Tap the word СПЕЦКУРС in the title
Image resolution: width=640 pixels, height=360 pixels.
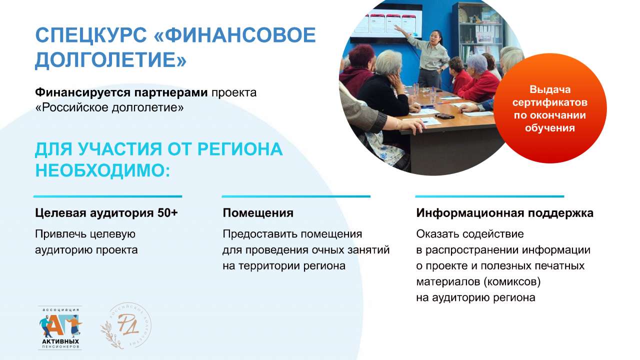[91, 36]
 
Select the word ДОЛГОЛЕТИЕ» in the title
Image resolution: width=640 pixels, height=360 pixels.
[111, 60]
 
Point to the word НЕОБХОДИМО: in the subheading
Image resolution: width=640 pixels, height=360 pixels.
[103, 170]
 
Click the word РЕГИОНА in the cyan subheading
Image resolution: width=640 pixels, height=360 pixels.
[240, 149]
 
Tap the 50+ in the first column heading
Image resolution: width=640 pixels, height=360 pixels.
[167, 213]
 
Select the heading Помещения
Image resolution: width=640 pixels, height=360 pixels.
[258, 213]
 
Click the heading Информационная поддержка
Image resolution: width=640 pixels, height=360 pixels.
[504, 213]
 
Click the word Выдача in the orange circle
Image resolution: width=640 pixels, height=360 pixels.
[550, 89]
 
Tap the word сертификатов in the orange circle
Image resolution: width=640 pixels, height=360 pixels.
[549, 102]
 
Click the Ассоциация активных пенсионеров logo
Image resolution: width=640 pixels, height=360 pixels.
[60, 328]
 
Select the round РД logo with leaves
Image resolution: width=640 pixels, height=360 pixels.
[125, 325]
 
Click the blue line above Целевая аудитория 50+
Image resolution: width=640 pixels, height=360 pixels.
[107, 196]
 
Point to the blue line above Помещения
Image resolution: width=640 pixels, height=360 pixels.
[296, 196]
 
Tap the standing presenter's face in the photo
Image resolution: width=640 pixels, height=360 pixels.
[436, 38]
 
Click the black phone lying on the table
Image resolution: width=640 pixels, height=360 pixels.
[444, 116]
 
